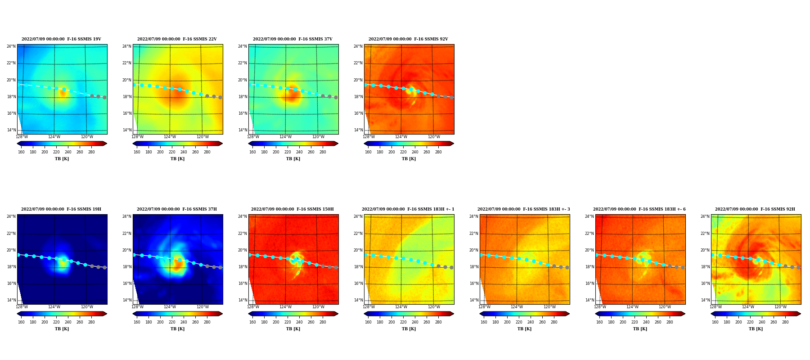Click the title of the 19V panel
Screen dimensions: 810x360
[61, 39]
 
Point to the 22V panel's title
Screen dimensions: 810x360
[177, 39]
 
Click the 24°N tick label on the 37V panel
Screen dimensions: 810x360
[243, 46]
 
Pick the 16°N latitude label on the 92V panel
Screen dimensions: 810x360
[358, 113]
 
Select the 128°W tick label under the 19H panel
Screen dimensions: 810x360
[22, 307]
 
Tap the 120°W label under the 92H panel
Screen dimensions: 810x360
[781, 307]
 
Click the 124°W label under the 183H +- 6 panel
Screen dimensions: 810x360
[632, 307]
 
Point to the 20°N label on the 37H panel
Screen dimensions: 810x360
[127, 250]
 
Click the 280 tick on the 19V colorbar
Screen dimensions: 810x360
[91, 152]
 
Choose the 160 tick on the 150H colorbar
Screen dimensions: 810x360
[252, 322]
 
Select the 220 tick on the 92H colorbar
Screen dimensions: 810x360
[750, 322]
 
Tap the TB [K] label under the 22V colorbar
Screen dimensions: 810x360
[177, 159]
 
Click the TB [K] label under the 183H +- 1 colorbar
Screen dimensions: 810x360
[409, 329]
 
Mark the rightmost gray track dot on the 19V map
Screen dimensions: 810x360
[104, 97]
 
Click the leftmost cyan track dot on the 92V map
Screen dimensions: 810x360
[365, 85]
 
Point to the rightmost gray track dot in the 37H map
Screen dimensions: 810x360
[220, 267]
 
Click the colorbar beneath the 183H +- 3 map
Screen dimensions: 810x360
[524, 314]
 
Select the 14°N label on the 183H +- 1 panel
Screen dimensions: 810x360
[358, 300]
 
